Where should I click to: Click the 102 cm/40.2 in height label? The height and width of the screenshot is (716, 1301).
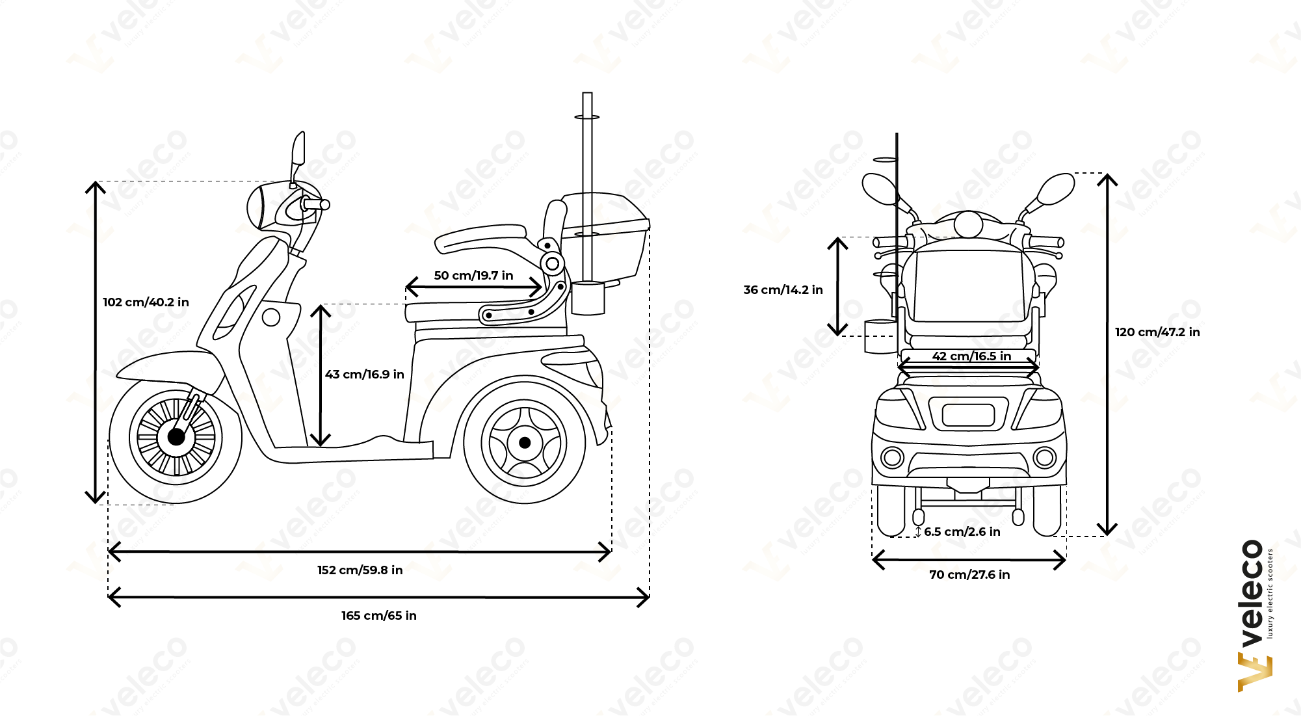point(146,302)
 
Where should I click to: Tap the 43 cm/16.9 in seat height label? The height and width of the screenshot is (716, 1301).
point(364,375)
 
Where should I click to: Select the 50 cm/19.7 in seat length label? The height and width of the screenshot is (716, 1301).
point(473,276)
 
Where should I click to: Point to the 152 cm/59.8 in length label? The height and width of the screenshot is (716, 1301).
point(360,570)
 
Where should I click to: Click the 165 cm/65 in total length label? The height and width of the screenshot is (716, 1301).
point(379,616)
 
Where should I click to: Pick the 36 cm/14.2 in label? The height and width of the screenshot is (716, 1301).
point(783,290)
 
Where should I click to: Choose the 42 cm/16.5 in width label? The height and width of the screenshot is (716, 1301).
point(971,356)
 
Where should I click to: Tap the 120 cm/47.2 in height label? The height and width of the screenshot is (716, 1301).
point(1157,332)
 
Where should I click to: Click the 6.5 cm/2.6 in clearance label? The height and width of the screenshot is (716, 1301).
point(962,532)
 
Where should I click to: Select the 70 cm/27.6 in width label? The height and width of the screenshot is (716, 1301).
point(969,575)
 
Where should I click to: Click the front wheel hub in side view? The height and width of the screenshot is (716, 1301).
point(176,436)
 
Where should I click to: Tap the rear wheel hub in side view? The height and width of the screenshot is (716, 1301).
point(525,443)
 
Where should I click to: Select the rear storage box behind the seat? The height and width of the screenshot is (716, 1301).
point(605,234)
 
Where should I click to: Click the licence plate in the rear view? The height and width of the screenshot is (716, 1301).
point(968,415)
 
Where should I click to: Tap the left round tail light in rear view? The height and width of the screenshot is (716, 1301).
point(892,458)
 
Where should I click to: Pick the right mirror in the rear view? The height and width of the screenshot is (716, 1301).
point(1055,189)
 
